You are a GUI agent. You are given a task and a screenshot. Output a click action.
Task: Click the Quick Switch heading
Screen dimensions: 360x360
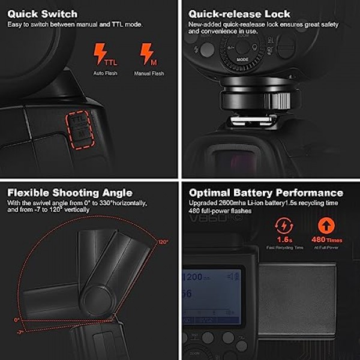click(x=42, y=13)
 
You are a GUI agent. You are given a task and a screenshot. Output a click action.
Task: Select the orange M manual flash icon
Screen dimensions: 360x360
click(x=146, y=54)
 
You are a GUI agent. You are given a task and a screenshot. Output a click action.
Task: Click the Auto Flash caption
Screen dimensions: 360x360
click(x=105, y=73)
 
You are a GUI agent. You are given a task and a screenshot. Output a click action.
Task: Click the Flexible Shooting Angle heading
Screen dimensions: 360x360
click(x=70, y=193)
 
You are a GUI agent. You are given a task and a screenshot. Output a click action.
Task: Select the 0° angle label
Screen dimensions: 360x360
click(x=17, y=319)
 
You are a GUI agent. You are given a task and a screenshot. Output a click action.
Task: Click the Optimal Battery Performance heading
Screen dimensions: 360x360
click(x=266, y=193)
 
